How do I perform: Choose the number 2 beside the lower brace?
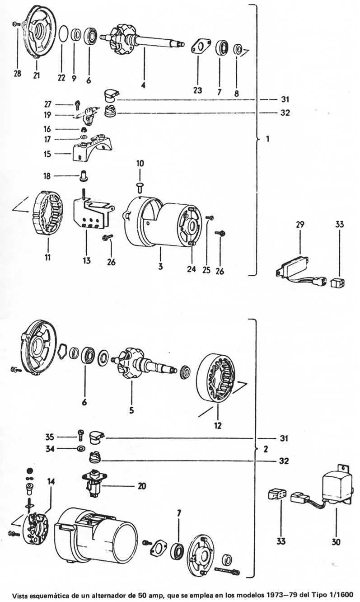(266, 450)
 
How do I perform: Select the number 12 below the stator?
(218, 425)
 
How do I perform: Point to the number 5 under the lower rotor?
(131, 410)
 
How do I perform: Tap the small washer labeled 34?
(81, 449)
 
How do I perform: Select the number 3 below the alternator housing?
(160, 266)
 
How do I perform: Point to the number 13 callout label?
(86, 260)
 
